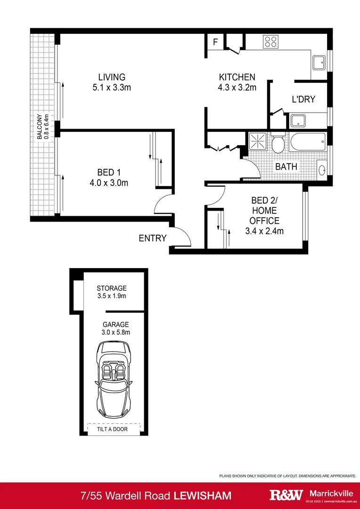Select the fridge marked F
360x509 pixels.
(x=215, y=42)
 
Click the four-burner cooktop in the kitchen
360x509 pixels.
(x=270, y=41)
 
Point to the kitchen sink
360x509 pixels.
(x=319, y=62)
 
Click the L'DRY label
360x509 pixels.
(x=303, y=99)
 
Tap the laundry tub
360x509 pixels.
(x=298, y=121)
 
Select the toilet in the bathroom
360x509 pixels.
(x=278, y=143)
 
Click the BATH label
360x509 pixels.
(x=286, y=166)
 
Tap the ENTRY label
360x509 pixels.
(x=152, y=238)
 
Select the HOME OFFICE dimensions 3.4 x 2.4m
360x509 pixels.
(x=264, y=231)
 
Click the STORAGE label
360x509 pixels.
(x=112, y=288)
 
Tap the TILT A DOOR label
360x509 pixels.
(x=114, y=429)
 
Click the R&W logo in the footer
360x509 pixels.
(x=286, y=495)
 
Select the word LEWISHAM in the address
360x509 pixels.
(x=203, y=495)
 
